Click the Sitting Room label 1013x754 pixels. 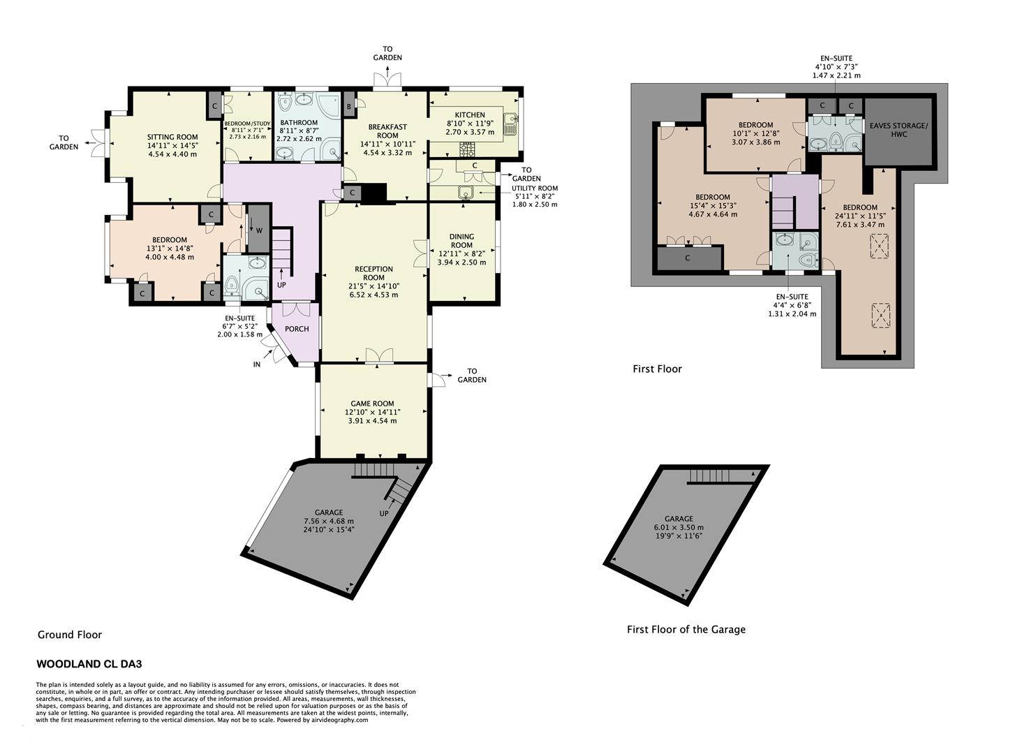click(172, 137)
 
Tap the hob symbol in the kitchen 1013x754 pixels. click(466, 149)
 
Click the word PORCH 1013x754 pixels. click(297, 329)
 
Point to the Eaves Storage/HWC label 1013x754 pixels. click(899, 129)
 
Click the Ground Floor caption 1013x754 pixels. click(70, 635)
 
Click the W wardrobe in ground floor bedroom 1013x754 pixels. click(258, 230)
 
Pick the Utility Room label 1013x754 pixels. click(535, 188)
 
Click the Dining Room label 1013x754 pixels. click(461, 241)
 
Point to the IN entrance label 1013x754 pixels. click(257, 364)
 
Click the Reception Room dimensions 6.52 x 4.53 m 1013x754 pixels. click(374, 295)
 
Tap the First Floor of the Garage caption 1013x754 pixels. click(686, 629)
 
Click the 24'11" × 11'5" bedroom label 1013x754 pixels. click(859, 216)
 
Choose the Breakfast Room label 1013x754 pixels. click(387, 131)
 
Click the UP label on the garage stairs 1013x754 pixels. click(384, 513)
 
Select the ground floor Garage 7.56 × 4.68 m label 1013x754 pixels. click(329, 521)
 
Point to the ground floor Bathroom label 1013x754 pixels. click(299, 123)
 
